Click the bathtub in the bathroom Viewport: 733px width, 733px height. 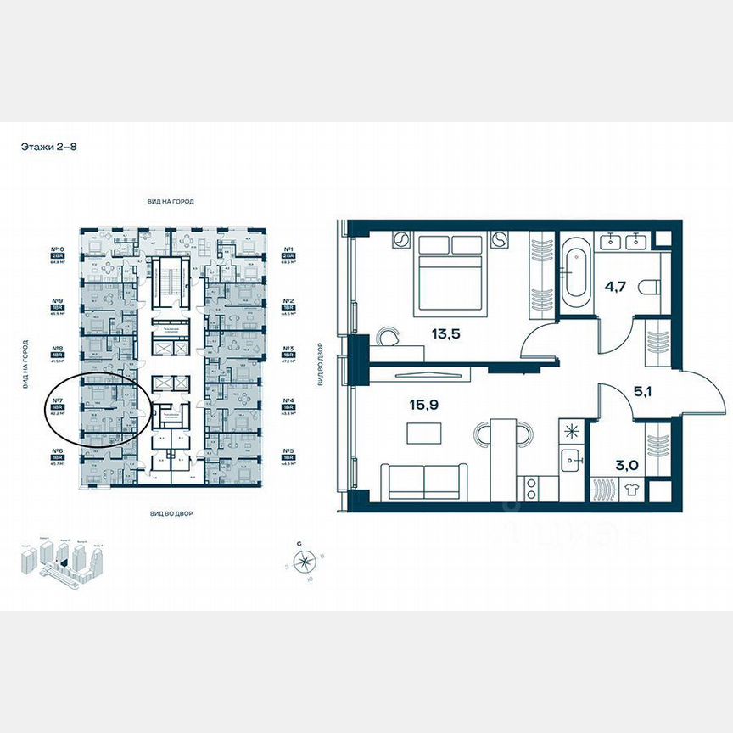576,269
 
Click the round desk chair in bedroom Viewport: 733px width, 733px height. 388,336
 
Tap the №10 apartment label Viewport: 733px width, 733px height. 59,249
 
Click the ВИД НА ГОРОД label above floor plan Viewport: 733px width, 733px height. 171,201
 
